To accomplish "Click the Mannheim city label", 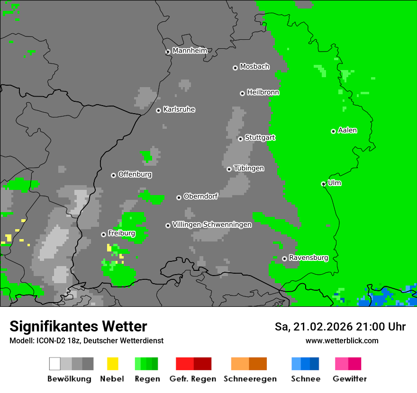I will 190,51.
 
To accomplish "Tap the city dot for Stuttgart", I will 240,139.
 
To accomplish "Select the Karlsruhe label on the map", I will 179,109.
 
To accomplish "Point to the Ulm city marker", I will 323,184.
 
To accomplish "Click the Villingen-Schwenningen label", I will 212,224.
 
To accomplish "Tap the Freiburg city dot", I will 103,234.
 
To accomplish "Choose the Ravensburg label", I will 308,258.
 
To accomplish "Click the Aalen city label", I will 347,130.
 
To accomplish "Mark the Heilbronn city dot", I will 242,93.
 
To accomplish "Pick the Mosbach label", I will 254,67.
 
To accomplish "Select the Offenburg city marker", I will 113,175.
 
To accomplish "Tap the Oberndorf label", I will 200,196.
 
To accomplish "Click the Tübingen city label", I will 249,168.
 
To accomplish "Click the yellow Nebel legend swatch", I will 112,364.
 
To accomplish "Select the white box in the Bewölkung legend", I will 55,364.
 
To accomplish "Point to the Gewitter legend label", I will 350,379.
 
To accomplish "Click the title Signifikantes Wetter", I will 78,326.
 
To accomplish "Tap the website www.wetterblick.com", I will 342,340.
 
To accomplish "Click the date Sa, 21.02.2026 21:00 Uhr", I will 340,327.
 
